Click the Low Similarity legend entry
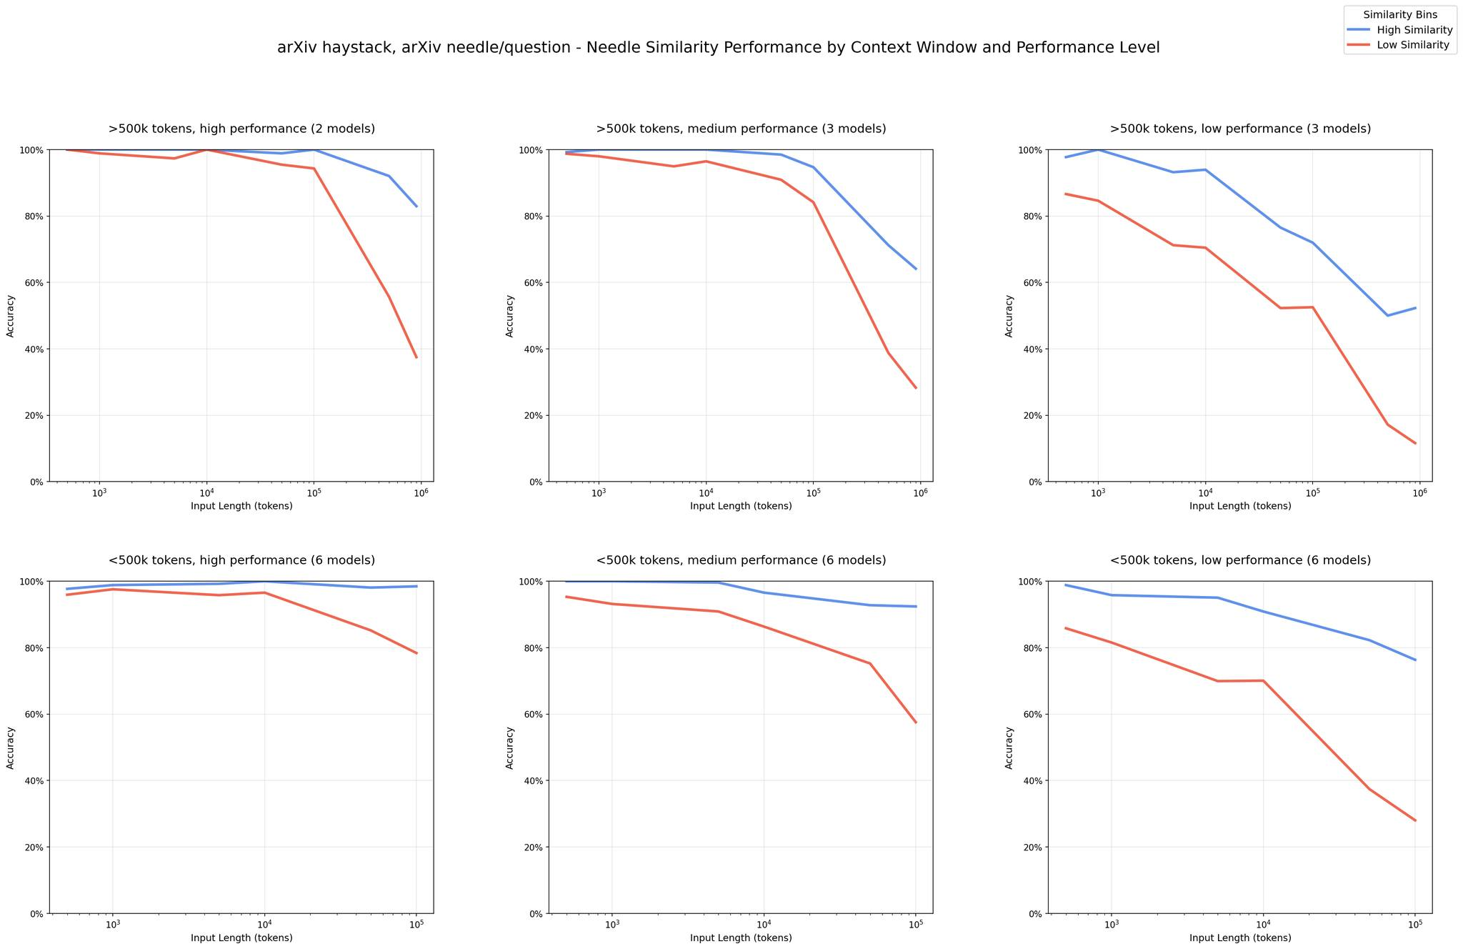[1400, 45]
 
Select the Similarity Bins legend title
[1400, 14]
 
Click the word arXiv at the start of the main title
[296, 48]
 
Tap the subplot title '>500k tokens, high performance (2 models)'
[241, 129]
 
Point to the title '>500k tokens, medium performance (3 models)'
[741, 129]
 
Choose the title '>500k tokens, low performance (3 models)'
[1240, 129]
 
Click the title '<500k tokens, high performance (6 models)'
[241, 561]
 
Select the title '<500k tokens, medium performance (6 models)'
[741, 561]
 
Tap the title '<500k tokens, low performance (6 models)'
[1240, 561]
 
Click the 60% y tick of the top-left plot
[33, 283]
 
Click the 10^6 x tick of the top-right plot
[1419, 493]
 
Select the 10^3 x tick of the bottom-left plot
[112, 925]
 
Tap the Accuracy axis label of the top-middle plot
[509, 316]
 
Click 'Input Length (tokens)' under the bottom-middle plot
[741, 938]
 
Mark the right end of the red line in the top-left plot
[416, 357]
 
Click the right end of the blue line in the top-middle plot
[916, 269]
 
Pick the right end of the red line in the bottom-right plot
[1415, 820]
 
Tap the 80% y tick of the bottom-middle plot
[532, 648]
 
